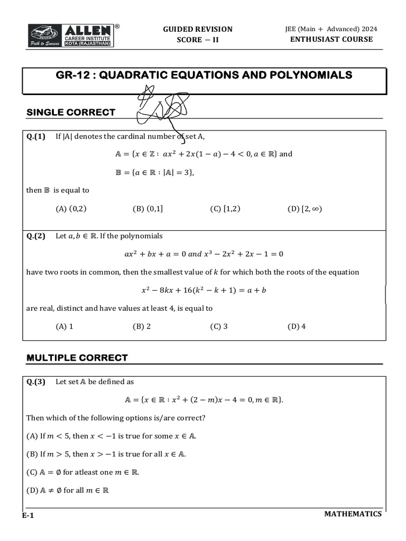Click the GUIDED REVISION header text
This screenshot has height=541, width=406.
point(197,29)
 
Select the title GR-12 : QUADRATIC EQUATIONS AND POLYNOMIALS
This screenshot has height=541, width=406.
point(204,76)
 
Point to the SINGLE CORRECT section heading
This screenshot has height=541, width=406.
point(70,112)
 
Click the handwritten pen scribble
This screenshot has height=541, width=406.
point(161,108)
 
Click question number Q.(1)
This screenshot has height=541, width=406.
point(36,136)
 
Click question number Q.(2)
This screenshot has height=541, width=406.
point(36,236)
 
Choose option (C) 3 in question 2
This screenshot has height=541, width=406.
point(219,326)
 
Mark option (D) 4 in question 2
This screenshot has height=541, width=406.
point(297,326)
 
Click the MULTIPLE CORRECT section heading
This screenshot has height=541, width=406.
point(77,358)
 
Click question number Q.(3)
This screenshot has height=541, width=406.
point(36,381)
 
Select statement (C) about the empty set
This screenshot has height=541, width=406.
point(82,472)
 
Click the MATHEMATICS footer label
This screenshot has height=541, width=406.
point(353,514)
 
